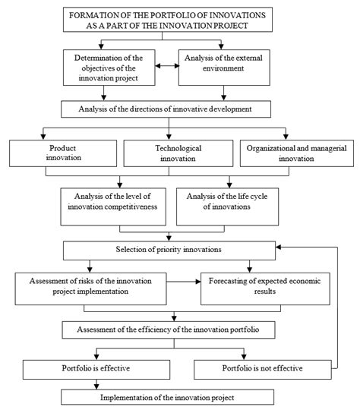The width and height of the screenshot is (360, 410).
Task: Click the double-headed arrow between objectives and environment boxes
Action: [166, 65]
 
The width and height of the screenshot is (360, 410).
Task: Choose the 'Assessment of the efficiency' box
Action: [175, 330]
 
